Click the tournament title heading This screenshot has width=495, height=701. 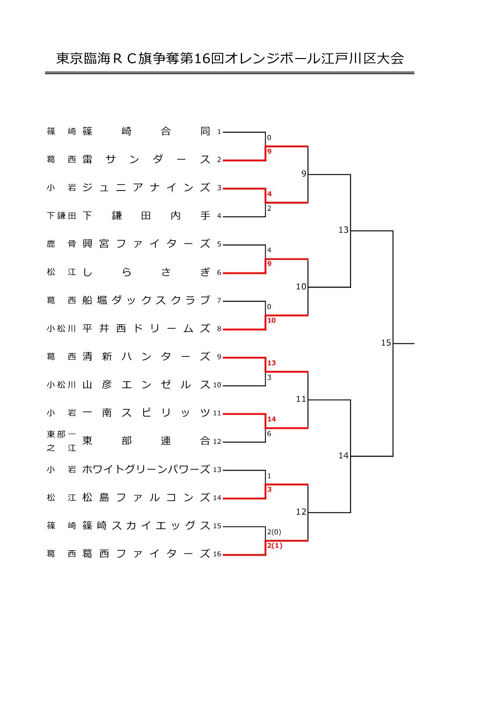coord(230,59)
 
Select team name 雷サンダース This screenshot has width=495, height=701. coord(146,159)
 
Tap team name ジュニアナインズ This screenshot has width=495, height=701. coord(146,187)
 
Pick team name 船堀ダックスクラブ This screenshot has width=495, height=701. coord(146,300)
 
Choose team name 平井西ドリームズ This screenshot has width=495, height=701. coord(146,328)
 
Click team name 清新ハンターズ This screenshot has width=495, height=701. coord(146,356)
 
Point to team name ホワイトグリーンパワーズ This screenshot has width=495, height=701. coord(146,469)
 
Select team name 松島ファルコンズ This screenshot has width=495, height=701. coord(146,497)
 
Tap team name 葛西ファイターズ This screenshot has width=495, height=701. coord(146,553)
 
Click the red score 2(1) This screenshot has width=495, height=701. coord(275,546)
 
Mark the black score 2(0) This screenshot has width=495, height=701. coord(274,531)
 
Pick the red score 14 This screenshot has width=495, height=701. coord(271,419)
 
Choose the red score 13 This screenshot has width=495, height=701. coord(271,363)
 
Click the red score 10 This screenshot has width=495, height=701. coord(271,320)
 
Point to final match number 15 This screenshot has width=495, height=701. coord(386,343)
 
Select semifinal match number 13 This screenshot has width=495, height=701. coord(343,230)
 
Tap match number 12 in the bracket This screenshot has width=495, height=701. coord(301,512)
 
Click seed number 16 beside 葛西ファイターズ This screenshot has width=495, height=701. coord(217,554)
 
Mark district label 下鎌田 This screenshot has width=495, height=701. coord(61,215)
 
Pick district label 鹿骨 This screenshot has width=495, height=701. coord(61,244)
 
